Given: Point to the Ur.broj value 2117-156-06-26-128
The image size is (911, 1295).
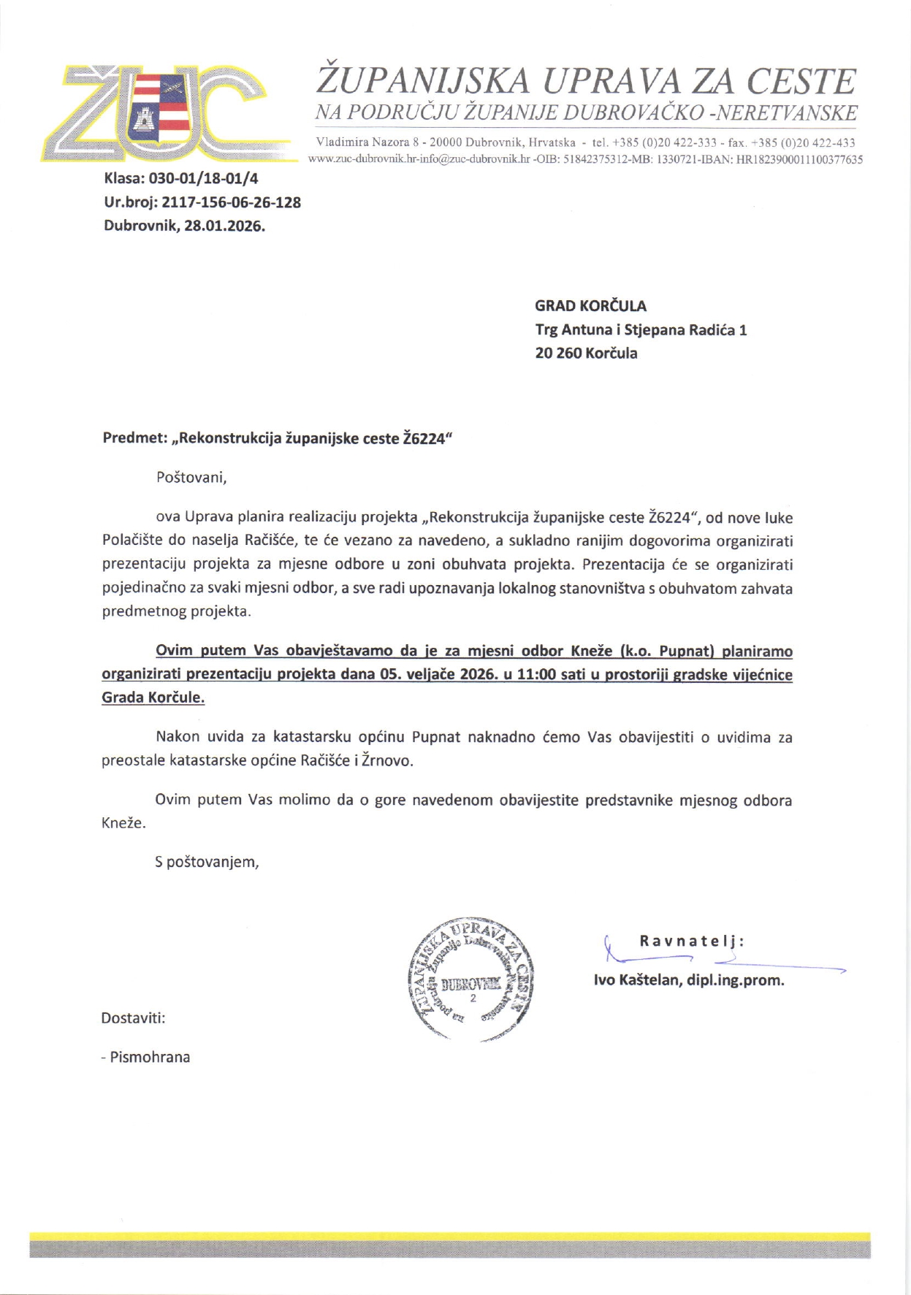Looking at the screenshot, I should pos(231,202).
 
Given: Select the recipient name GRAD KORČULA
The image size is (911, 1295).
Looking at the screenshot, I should pos(590,306).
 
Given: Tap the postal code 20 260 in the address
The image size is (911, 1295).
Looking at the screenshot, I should pos(558,354).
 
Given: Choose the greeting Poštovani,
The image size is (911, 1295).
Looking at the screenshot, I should pos(191,478).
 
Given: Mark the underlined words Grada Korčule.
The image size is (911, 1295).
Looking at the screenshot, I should pos(153,698).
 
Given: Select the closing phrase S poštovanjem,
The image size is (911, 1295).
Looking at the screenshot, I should pos(207,862).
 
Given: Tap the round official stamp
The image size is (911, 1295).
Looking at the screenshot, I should pos(471,979).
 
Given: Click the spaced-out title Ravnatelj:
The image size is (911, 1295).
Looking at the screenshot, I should pos(692,941).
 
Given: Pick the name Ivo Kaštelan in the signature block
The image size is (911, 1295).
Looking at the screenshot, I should pos(638,980).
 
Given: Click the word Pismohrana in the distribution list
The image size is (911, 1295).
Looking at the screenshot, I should pos(150,1057).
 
